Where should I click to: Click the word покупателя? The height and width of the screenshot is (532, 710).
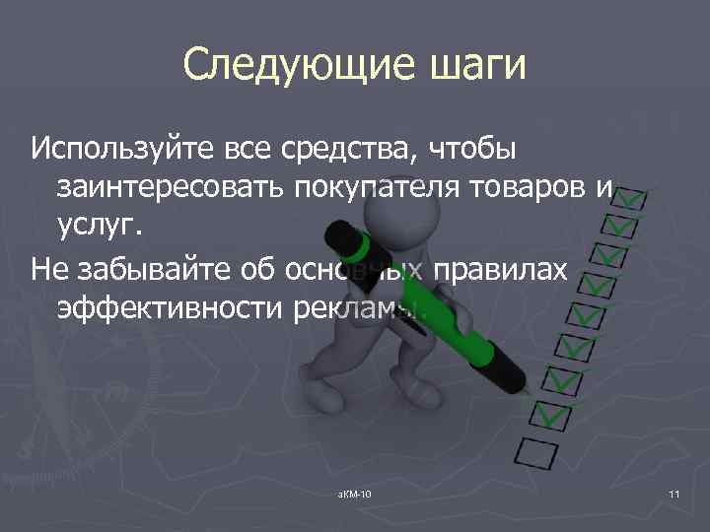[x=378, y=187]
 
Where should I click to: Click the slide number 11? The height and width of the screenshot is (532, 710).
[x=674, y=493]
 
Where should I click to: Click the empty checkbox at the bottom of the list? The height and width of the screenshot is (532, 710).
[x=537, y=454]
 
